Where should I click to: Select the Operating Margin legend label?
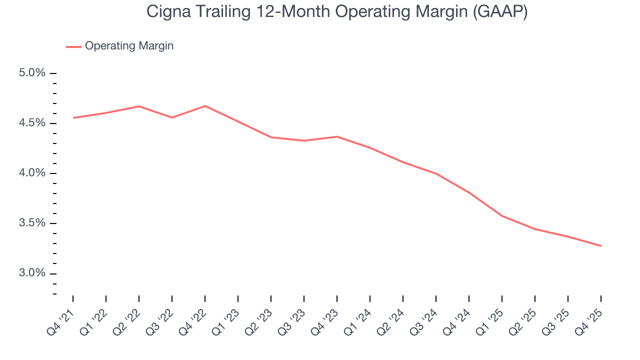pos(129,46)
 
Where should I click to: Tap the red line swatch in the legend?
pos(73,46)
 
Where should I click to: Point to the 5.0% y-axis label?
pos(32,73)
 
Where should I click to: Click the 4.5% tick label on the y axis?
pos(32,123)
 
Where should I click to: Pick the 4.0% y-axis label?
pos(32,173)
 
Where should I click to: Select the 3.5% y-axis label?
pos(32,223)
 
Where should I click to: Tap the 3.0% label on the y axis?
pos(32,273)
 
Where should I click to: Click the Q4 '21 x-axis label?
pos(61,320)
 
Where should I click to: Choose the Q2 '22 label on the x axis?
pos(127,320)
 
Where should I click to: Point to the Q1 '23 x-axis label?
pos(226,320)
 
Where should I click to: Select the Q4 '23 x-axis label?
pos(325,320)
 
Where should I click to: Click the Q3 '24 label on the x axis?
pos(424,320)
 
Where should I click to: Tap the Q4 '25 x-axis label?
pos(589,320)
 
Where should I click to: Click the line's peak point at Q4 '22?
pos(205,105)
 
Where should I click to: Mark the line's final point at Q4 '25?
pos(600,245)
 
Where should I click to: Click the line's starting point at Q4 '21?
pos(73,118)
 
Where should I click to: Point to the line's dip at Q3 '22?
pos(172,117)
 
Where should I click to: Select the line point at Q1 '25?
pos(502,216)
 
